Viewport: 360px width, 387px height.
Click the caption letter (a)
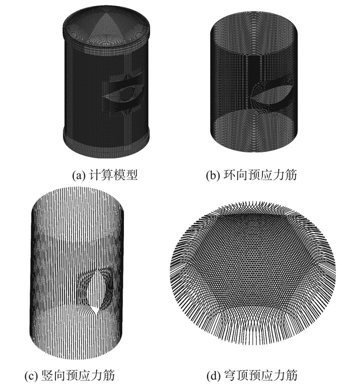click(78, 175)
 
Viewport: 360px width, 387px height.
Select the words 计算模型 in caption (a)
click(113, 175)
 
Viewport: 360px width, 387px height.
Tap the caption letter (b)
click(212, 175)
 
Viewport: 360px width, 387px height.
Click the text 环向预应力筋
click(260, 175)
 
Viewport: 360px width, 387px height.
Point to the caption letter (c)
click(31, 375)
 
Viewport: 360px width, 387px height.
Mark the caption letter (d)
click(213, 375)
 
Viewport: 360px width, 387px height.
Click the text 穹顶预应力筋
click(260, 375)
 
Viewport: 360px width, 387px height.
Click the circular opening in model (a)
click(126, 93)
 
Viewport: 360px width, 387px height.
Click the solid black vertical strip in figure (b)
click(253, 66)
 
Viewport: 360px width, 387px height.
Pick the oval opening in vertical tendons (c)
click(95, 289)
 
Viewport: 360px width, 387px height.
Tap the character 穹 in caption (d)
click(230, 375)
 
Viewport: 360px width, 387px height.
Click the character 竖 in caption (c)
click(47, 375)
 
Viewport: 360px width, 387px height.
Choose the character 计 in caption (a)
click(94, 175)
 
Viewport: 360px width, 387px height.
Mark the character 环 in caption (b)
click(229, 175)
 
